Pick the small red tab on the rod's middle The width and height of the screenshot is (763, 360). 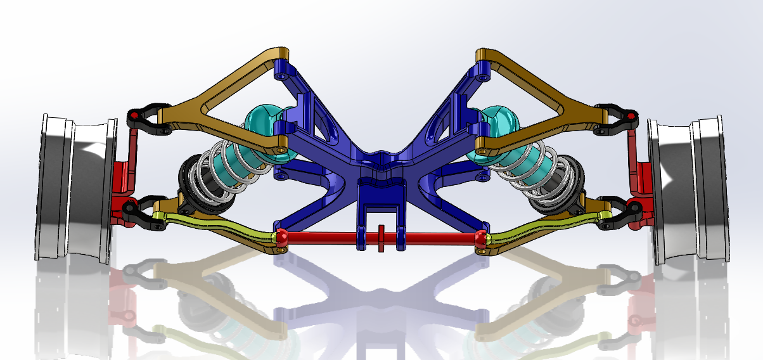coord(381,238)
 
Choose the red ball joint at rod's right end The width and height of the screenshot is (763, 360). coord(482,238)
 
